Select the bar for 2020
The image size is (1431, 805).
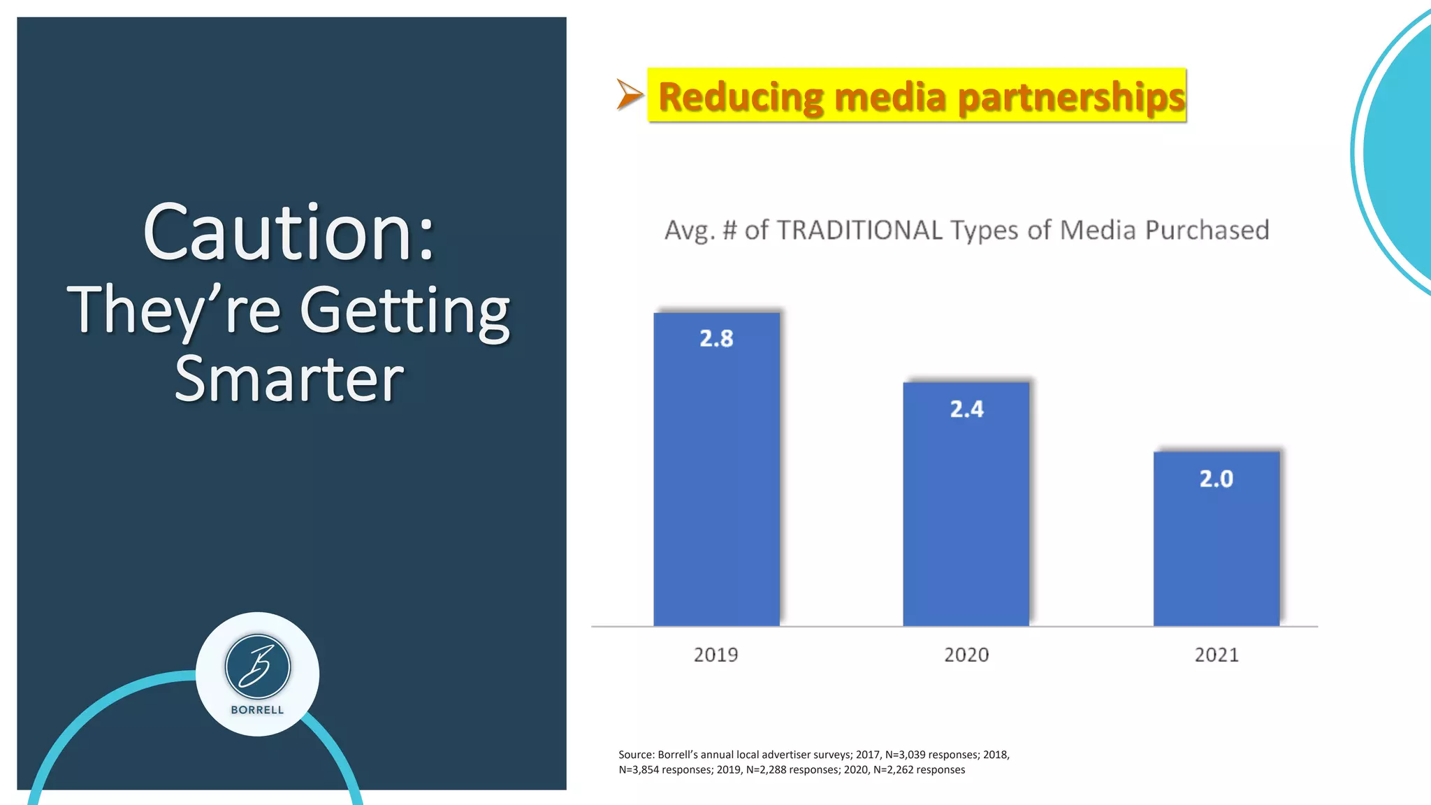[x=966, y=510]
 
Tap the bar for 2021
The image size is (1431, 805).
[x=1216, y=545]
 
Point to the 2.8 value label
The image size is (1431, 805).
[x=716, y=339]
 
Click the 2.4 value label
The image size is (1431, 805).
[x=966, y=409]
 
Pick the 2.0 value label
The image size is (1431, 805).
[x=1216, y=479]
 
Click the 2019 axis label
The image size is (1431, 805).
[x=715, y=655]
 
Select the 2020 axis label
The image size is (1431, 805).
[x=966, y=655]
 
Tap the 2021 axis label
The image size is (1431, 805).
[x=1216, y=655]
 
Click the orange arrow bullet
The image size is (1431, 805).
[x=629, y=94]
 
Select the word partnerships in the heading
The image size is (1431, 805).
[x=1071, y=97]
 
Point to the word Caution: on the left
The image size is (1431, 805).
[x=289, y=233]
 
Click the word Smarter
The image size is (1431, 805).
[x=289, y=379]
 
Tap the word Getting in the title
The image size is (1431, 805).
[x=405, y=311]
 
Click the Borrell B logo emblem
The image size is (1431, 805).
[x=257, y=667]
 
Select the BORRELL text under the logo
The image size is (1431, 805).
[x=257, y=710]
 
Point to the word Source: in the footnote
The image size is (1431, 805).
[x=636, y=755]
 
